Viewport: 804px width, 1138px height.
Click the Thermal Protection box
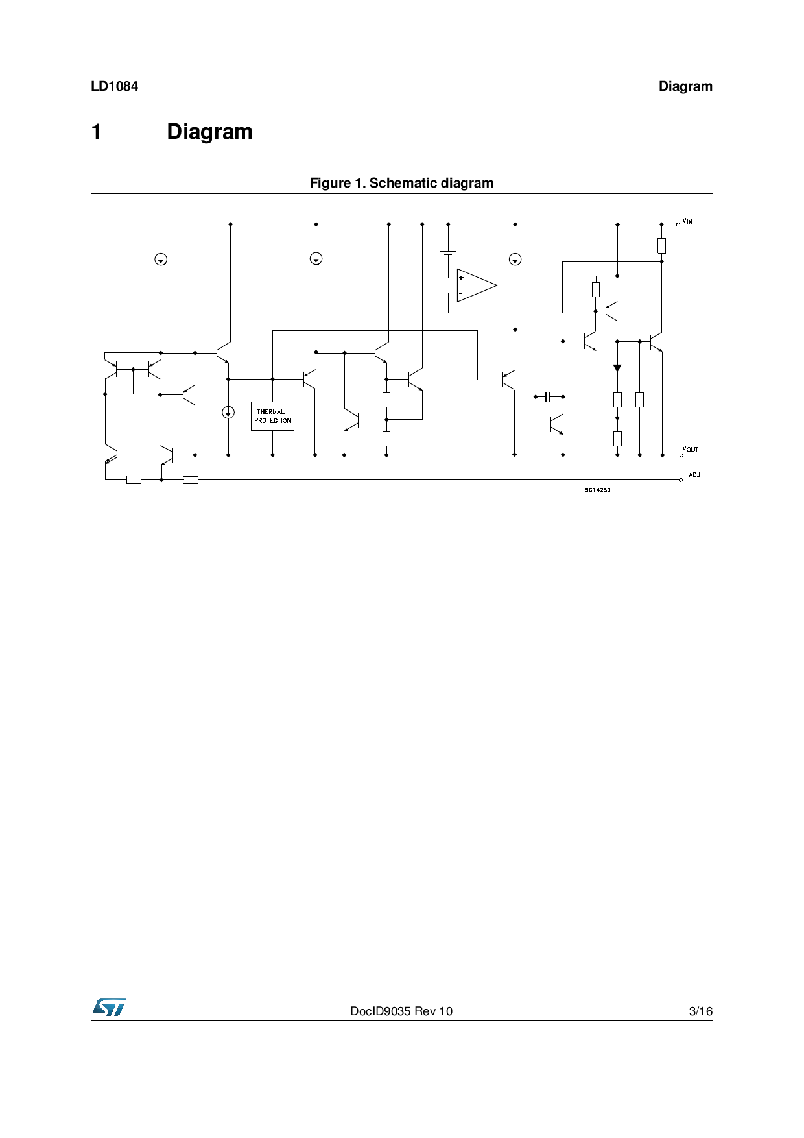pyautogui.click(x=272, y=417)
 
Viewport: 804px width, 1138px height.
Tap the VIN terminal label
pyautogui.click(x=687, y=222)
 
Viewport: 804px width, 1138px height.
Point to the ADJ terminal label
pyautogui.click(x=694, y=475)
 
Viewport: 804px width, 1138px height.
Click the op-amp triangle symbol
pyautogui.click(x=476, y=285)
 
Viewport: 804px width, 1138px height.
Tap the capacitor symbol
pyautogui.click(x=548, y=396)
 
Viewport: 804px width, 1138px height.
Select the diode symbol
pyautogui.click(x=617, y=369)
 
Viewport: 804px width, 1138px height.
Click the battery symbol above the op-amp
pyautogui.click(x=448, y=252)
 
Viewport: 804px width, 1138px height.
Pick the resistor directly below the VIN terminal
pyautogui.click(x=661, y=245)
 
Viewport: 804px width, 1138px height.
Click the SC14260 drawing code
pyautogui.click(x=597, y=490)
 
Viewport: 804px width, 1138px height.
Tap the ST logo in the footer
pyautogui.click(x=109, y=1007)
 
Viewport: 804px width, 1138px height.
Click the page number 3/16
pyautogui.click(x=700, y=1011)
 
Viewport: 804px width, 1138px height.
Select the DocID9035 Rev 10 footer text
pyautogui.click(x=401, y=1011)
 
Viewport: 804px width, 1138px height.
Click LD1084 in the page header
pyautogui.click(x=114, y=86)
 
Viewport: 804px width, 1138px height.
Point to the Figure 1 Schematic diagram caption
pyautogui.click(x=401, y=183)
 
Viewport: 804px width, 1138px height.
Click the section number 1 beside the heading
pyautogui.click(x=97, y=132)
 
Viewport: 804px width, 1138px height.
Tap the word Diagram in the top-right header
pyautogui.click(x=685, y=86)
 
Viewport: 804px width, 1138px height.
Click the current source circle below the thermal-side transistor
pyautogui.click(x=228, y=412)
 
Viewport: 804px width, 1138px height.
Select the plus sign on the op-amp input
pyautogui.click(x=461, y=278)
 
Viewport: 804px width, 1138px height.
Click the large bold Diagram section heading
pyautogui.click(x=209, y=132)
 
